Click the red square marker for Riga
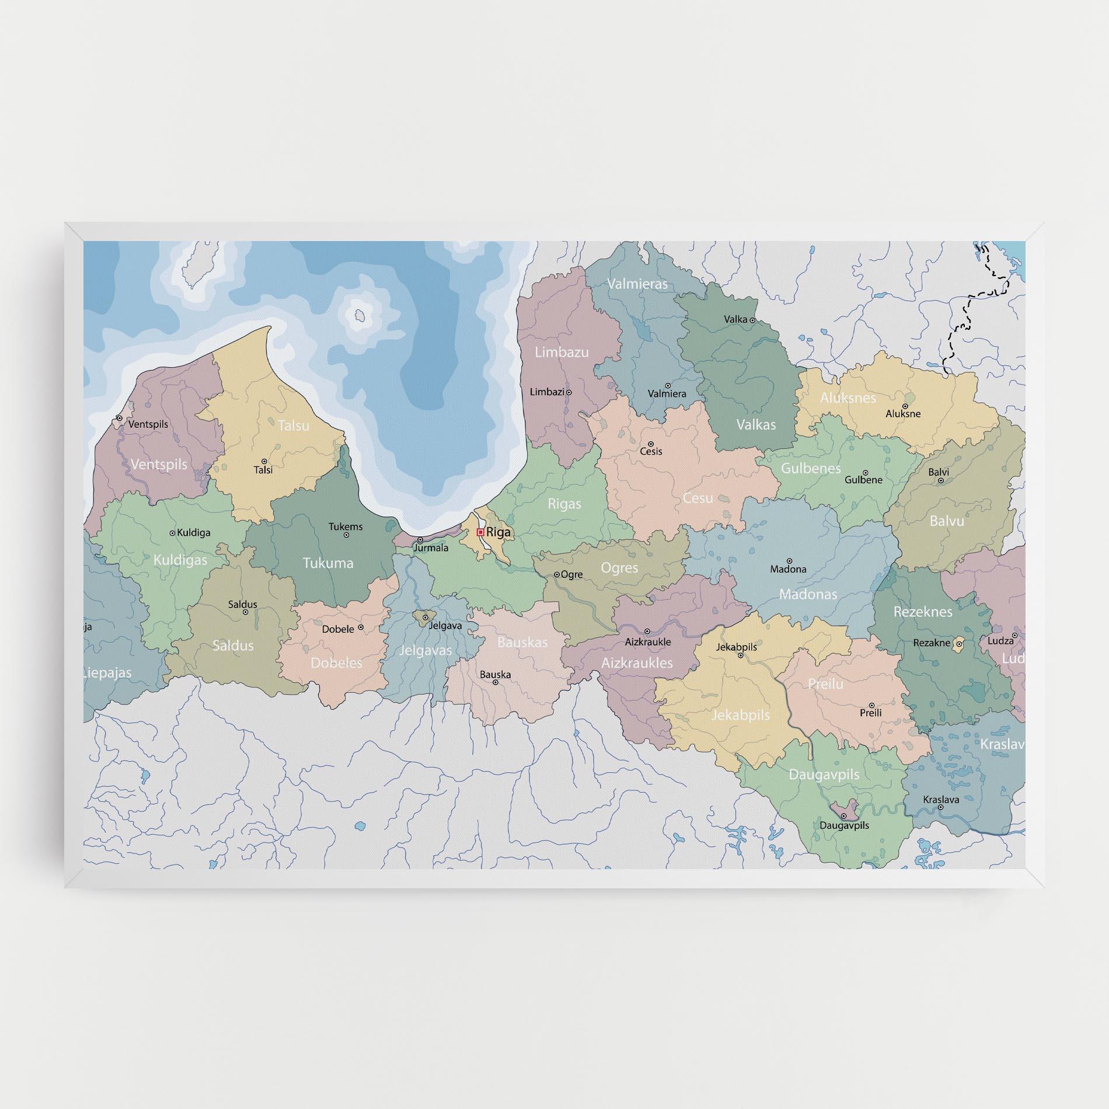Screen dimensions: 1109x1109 click(480, 532)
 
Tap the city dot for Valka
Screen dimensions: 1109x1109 click(752, 320)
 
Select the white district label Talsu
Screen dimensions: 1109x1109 click(294, 426)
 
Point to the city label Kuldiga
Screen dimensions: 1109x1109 click(193, 532)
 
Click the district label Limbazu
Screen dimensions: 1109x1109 click(562, 352)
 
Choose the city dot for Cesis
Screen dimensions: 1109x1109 click(651, 444)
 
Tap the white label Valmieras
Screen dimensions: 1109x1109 click(637, 284)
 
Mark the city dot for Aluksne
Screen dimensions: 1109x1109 click(905, 406)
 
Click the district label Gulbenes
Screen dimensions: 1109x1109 click(811, 468)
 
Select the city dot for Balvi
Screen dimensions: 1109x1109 click(941, 480)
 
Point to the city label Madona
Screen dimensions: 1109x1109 click(788, 569)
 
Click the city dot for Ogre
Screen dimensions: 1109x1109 click(557, 574)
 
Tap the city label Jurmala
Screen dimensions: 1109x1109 click(431, 547)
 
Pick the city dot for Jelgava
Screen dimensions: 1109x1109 click(426, 617)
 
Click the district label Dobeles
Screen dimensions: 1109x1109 click(336, 662)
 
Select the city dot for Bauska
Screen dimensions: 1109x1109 click(495, 682)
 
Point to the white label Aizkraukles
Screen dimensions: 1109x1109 click(637, 662)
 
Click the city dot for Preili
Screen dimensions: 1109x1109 click(871, 705)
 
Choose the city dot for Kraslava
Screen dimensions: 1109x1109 click(940, 807)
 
